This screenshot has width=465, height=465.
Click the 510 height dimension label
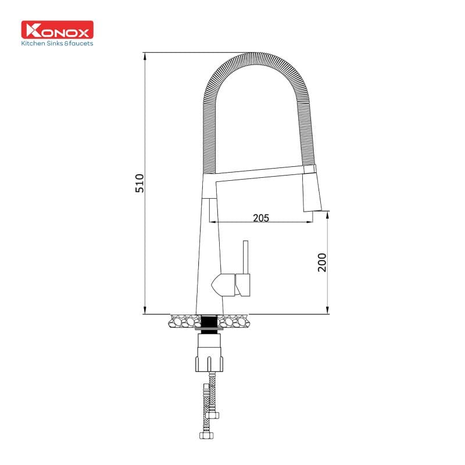(139, 183)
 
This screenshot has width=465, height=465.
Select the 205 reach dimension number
(261, 218)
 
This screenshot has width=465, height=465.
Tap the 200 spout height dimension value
(323, 263)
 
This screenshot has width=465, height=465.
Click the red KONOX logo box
(57, 30)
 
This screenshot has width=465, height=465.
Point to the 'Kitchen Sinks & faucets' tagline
(57, 43)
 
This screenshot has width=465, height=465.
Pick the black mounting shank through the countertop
(210, 321)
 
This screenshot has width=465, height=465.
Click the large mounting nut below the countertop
(209, 355)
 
